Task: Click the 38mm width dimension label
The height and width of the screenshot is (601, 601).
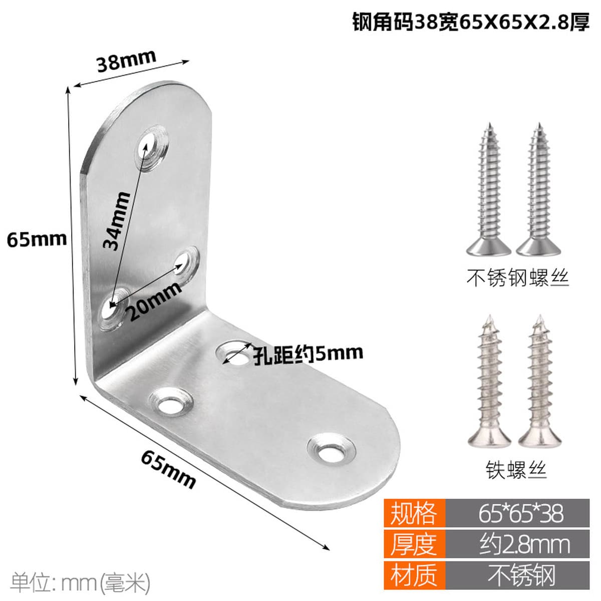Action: point(126,61)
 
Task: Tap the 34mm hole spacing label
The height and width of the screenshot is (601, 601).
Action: point(117,221)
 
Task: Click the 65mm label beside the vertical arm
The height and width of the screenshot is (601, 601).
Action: point(37,239)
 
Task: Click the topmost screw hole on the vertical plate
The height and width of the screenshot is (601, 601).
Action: point(152,148)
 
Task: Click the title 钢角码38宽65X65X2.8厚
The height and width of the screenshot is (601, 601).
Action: point(471,22)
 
